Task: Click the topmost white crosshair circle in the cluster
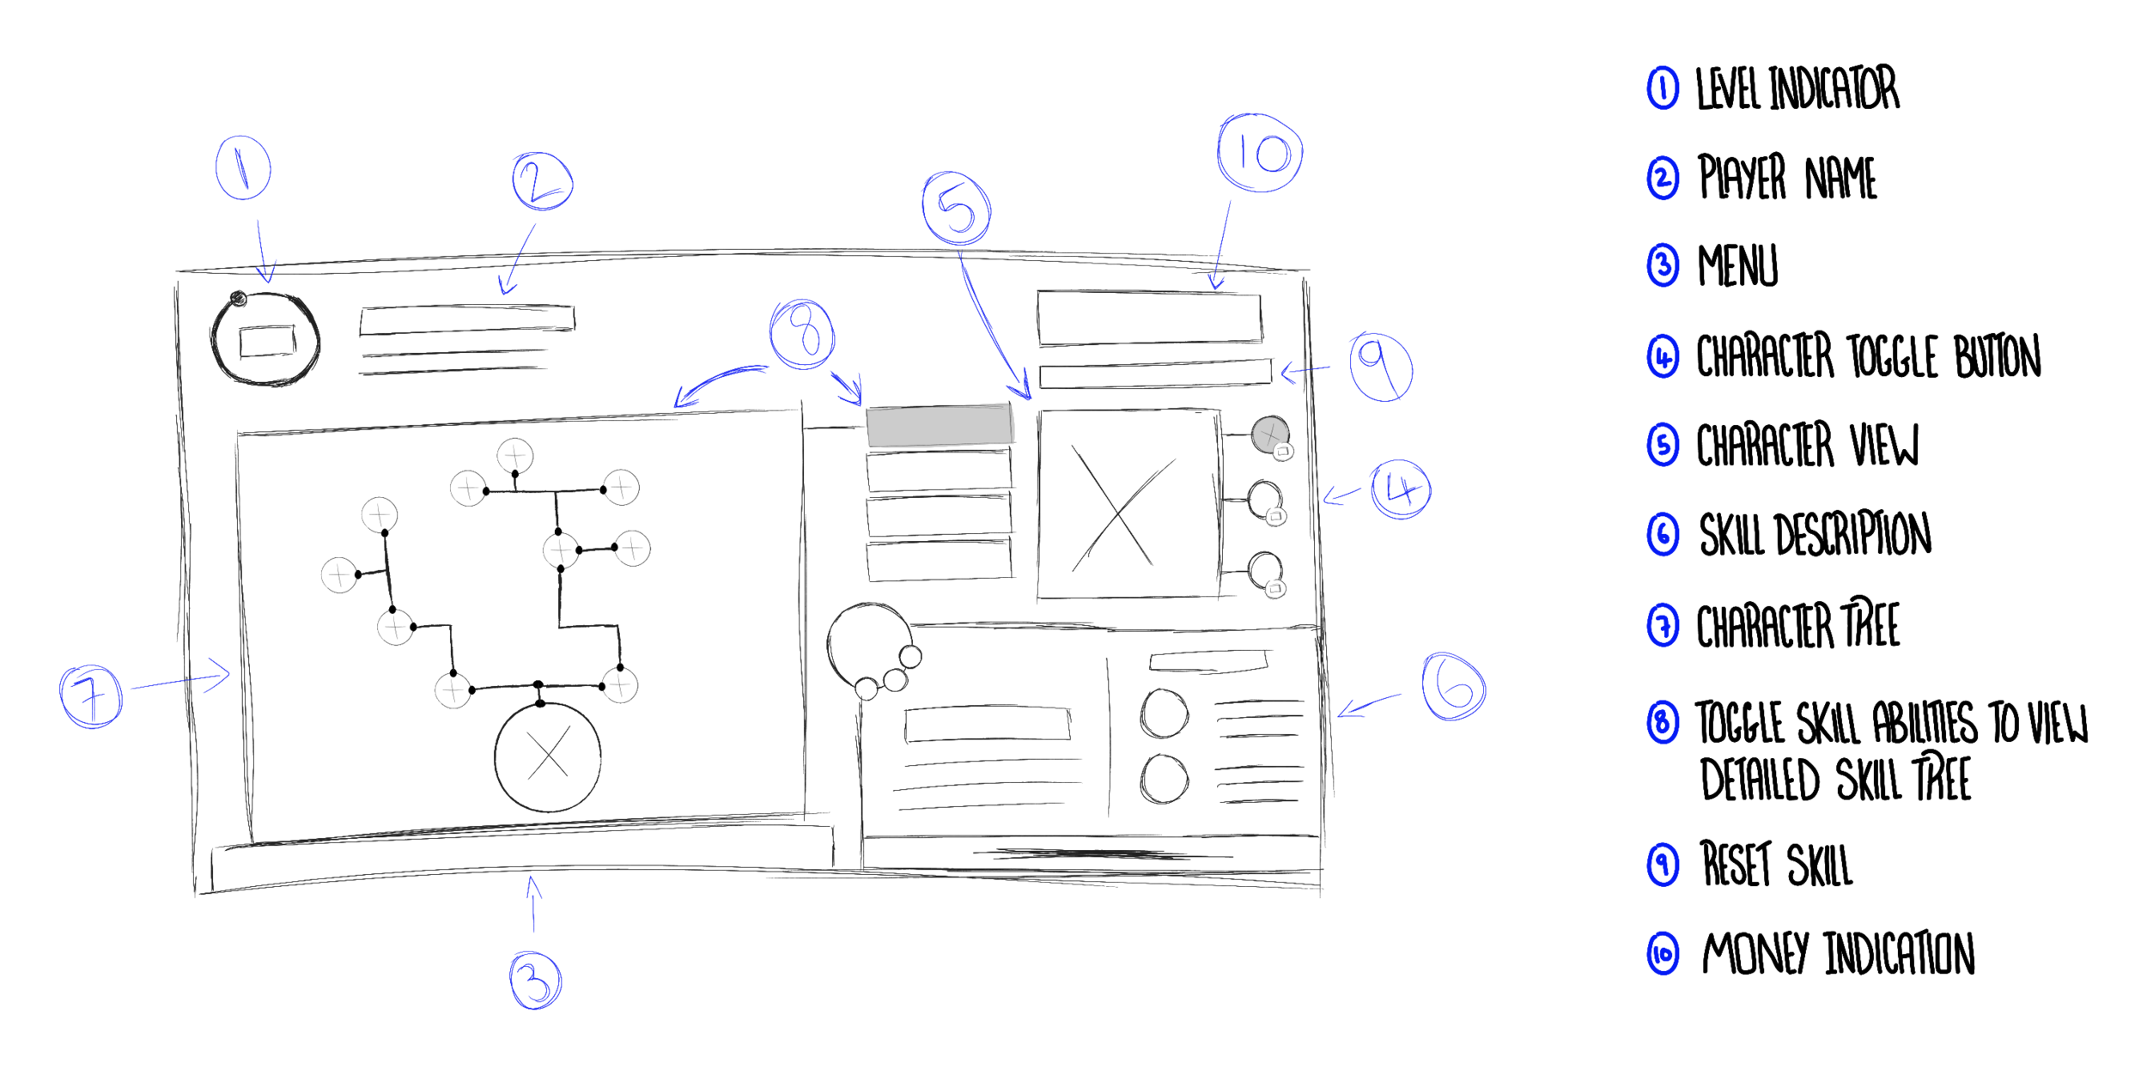pos(515,455)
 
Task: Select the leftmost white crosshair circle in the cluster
pos(338,574)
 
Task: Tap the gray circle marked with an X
pos(1269,434)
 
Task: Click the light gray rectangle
pos(940,426)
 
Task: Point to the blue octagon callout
pos(1387,369)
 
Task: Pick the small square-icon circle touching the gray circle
pos(1283,451)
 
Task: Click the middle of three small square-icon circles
pos(1276,516)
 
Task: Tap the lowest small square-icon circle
pos(1275,588)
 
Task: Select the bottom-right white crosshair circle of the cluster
pos(619,685)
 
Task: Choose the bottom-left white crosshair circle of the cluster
pos(453,690)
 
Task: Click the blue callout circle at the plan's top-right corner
pos(1262,150)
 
